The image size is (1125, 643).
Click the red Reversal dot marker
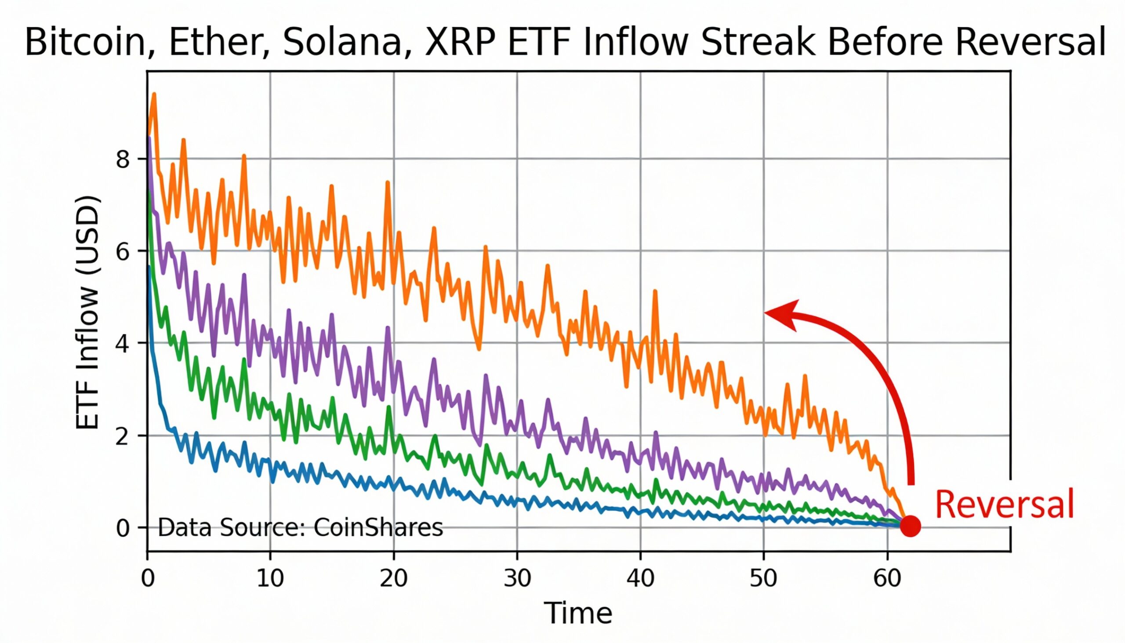pyautogui.click(x=910, y=526)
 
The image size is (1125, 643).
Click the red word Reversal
pyautogui.click(x=1004, y=504)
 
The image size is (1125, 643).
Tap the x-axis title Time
pyautogui.click(x=578, y=613)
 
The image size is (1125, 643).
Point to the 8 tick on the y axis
pyautogui.click(x=122, y=159)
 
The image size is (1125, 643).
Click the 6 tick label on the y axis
pyautogui.click(x=122, y=251)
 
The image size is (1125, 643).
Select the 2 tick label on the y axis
pyautogui.click(x=122, y=436)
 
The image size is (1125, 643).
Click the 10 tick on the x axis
pyautogui.click(x=270, y=578)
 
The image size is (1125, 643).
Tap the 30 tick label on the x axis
pyautogui.click(x=517, y=578)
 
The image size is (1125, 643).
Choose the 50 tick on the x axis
pyautogui.click(x=763, y=578)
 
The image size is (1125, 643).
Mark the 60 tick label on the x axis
pyautogui.click(x=887, y=578)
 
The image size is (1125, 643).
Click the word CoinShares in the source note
pyautogui.click(x=378, y=527)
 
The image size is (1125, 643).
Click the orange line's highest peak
pyautogui.click(x=154, y=94)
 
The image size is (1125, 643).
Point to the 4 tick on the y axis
pyautogui.click(x=122, y=344)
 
